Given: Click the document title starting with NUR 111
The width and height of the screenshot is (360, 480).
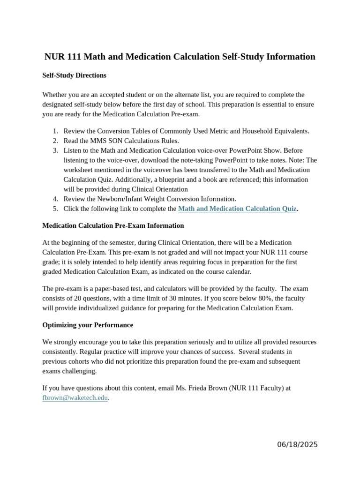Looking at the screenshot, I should [x=180, y=57].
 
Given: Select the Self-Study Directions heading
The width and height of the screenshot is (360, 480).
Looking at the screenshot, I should [x=74, y=75].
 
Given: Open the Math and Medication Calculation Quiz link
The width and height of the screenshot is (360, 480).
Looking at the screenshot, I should [x=237, y=209].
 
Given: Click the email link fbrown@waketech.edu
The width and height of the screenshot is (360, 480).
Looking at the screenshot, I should [x=75, y=398].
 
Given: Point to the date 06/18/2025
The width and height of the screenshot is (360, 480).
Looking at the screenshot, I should [x=297, y=444].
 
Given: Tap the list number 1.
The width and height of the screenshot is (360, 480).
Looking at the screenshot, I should [x=55, y=131].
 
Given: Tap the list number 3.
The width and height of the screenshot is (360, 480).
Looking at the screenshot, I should [x=55, y=150].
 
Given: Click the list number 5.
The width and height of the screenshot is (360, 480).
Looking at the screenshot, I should [x=55, y=209].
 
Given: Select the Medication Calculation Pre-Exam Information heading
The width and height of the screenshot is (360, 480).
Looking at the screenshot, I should [x=113, y=225].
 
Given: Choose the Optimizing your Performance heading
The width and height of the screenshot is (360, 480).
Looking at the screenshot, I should [x=88, y=325].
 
